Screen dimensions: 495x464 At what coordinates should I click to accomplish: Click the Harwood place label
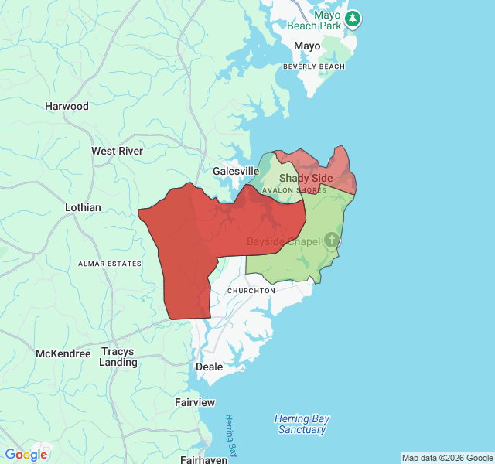(x=67, y=106)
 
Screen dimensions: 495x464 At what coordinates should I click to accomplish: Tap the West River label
(x=117, y=151)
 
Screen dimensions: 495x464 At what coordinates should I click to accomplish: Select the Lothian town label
(x=83, y=207)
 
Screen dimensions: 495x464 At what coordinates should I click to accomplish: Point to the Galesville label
(x=236, y=171)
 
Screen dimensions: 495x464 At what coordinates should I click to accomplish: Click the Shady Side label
(x=306, y=178)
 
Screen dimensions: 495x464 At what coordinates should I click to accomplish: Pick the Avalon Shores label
(x=294, y=189)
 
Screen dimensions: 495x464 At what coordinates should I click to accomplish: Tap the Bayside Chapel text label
(x=283, y=242)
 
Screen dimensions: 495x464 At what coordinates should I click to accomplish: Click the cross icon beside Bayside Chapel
(x=332, y=241)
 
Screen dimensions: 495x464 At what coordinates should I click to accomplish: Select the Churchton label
(x=251, y=291)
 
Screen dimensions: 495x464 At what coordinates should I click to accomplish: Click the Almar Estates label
(x=111, y=264)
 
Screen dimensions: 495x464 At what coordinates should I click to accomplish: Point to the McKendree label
(x=63, y=353)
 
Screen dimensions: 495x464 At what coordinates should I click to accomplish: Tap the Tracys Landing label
(x=118, y=357)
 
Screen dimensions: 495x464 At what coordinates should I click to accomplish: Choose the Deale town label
(x=210, y=367)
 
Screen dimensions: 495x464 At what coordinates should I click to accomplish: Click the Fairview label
(x=195, y=403)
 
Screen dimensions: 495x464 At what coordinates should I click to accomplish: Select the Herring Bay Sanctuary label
(x=302, y=424)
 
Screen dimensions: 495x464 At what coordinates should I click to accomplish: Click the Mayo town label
(x=307, y=46)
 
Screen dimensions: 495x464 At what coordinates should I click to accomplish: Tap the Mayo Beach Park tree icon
(x=353, y=18)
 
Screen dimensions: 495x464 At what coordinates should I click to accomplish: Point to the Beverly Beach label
(x=314, y=67)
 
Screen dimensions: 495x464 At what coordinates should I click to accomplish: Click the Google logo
(x=26, y=455)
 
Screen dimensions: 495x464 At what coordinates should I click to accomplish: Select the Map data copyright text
(x=447, y=458)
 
